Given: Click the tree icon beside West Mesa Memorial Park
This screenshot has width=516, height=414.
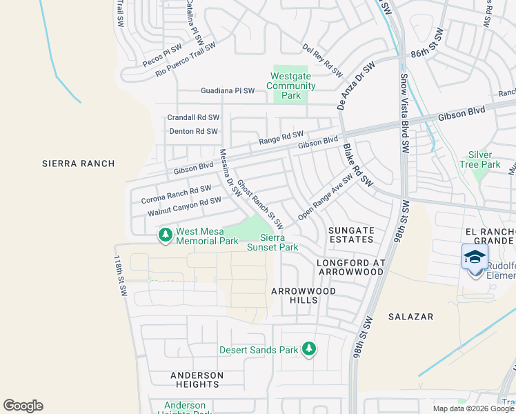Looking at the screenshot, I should (166, 236).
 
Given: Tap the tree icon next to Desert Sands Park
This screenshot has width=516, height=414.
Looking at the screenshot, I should (310, 349).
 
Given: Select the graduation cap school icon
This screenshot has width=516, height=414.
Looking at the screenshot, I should (475, 257).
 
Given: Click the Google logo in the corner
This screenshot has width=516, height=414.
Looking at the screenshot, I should (23, 406).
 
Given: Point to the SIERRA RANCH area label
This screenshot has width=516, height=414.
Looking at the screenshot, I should (78, 164).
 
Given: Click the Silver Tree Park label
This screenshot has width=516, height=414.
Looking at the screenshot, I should (480, 160).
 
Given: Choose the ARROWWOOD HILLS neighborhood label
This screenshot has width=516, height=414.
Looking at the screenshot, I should (304, 296).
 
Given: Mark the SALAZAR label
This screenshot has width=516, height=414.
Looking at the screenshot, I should (410, 317).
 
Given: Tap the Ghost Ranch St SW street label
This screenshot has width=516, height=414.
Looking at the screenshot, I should (261, 205).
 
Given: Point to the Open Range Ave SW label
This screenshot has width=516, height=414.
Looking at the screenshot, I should (326, 197).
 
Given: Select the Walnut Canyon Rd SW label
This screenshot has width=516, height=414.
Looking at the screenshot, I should (184, 206).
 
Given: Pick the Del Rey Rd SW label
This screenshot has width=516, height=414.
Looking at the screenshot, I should (323, 60).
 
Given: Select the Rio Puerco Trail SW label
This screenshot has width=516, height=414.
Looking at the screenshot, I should (186, 59).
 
